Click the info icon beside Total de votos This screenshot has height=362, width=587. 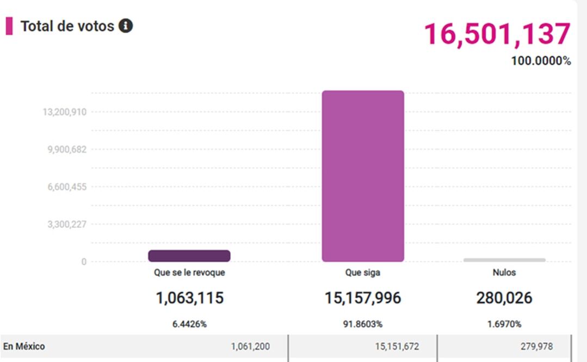click(126, 26)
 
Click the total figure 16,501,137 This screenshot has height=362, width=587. click(497, 34)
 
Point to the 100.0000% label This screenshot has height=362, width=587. click(541, 61)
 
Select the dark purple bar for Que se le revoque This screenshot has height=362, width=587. click(189, 256)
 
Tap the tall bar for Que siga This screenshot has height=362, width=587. click(363, 176)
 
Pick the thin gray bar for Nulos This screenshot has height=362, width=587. click(504, 260)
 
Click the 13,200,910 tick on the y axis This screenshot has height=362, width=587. click(65, 112)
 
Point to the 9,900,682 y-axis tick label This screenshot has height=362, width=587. click(65, 149)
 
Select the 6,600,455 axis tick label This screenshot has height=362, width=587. click(65, 187)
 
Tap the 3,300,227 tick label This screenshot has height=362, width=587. click(65, 224)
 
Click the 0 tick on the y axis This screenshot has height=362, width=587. click(84, 261)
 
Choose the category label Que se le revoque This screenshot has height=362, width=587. click(189, 273)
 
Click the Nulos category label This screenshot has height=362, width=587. click(504, 273)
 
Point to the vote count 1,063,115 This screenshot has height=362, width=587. click(189, 298)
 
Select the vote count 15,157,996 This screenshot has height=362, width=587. click(363, 298)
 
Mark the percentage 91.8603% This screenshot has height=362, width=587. click(363, 324)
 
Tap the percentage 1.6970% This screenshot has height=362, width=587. click(504, 324)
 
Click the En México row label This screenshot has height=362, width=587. click(24, 346)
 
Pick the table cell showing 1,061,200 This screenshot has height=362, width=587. click(250, 347)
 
